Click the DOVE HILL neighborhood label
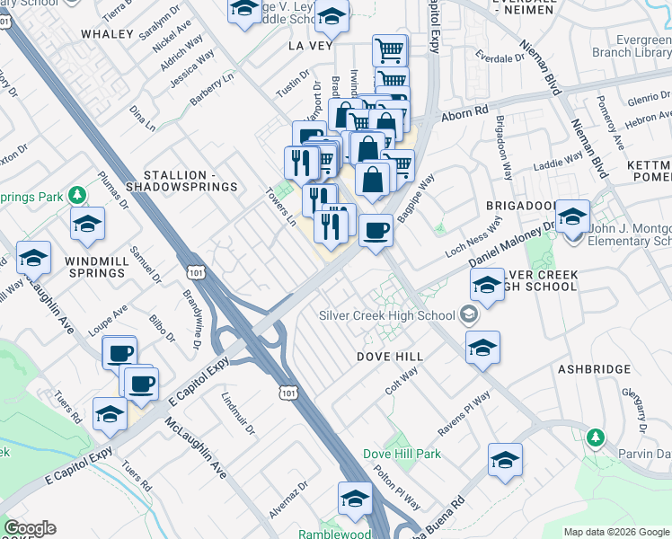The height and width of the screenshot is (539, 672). coord(391,357)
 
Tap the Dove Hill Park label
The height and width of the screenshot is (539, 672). coord(402,454)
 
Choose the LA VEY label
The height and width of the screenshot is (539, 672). coord(310,44)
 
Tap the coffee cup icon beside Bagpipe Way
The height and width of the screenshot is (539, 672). coord(376,231)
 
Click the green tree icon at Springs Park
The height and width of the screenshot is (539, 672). coord(78,195)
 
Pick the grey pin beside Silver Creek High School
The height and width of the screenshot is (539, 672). coord(468,314)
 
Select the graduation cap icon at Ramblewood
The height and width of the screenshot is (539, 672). coord(355,497)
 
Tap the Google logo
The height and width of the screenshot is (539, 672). coord(30,528)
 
